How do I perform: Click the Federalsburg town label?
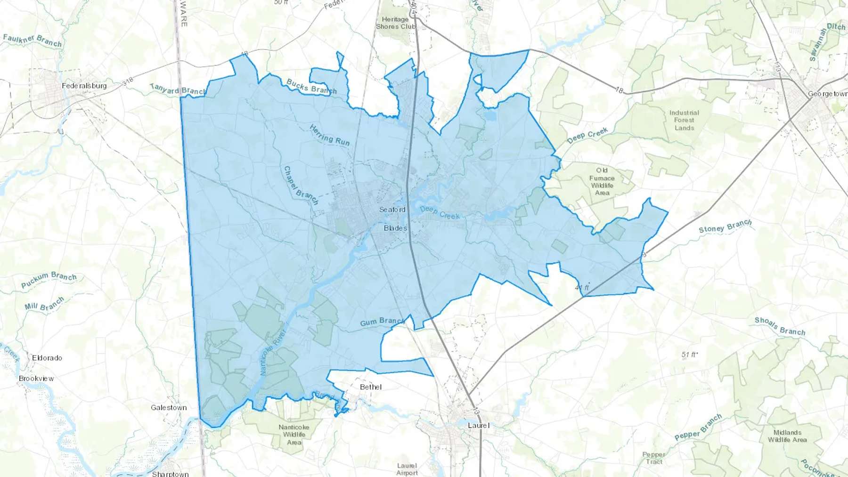point(84,86)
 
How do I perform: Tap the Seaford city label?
point(392,210)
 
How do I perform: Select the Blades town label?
point(395,228)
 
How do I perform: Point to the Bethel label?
point(371,387)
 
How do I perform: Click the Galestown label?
point(169,408)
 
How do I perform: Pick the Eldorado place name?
point(47,358)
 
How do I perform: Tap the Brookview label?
point(36,379)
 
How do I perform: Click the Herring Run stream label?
point(330,136)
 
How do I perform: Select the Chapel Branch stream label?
point(301,186)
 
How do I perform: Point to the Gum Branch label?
point(382,322)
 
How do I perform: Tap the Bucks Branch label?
point(311,86)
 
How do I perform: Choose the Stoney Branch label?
point(725,226)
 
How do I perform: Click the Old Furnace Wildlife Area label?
point(602,181)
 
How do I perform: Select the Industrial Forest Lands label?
point(684,120)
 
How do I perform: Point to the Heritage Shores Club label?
point(396,23)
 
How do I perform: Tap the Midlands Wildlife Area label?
point(787,436)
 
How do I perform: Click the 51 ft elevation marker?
point(689,355)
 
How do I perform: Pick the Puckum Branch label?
point(49,279)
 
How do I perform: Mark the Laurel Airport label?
point(407,469)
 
